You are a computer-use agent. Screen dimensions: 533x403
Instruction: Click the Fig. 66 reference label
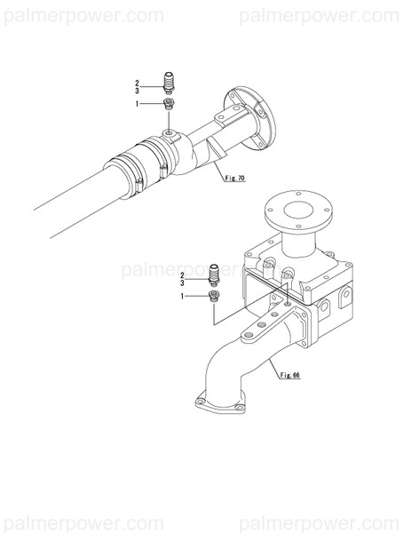coord(289,375)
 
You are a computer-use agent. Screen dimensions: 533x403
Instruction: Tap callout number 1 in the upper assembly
coord(138,104)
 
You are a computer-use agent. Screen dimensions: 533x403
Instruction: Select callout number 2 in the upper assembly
coord(138,84)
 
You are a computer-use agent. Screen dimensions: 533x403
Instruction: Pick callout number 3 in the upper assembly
coord(138,91)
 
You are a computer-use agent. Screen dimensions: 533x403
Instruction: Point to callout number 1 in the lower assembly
coord(183,295)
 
